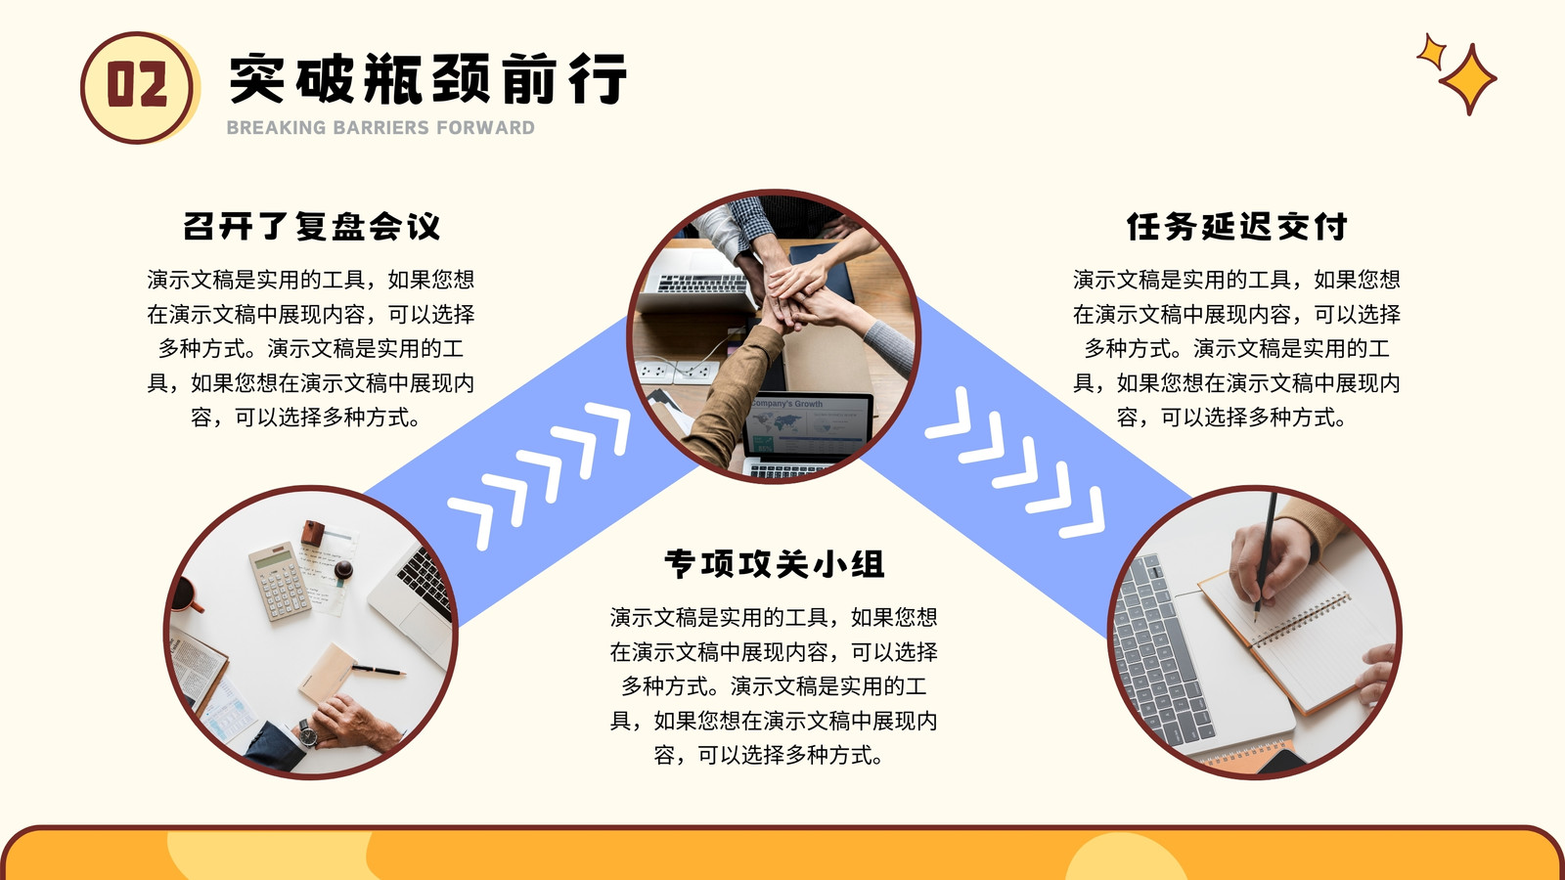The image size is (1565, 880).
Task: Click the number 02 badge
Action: pyautogui.click(x=137, y=88)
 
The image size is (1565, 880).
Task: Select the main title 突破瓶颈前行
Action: pyautogui.click(x=427, y=78)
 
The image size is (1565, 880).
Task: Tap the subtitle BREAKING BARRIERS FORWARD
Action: pyautogui.click(x=380, y=128)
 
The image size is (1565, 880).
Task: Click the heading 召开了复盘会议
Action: pyautogui.click(x=312, y=226)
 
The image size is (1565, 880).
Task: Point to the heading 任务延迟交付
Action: pyautogui.click(x=1236, y=226)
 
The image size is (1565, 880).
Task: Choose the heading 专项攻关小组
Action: pyautogui.click(x=774, y=563)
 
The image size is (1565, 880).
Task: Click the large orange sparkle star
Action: pyautogui.click(x=1468, y=79)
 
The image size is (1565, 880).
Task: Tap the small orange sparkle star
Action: pyautogui.click(x=1432, y=52)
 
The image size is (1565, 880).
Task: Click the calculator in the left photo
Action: pyautogui.click(x=280, y=582)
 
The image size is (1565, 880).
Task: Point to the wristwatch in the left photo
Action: pyautogui.click(x=306, y=733)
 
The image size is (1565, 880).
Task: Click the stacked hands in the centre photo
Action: pyautogui.click(x=796, y=293)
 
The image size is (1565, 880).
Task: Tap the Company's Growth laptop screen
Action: pyautogui.click(x=808, y=425)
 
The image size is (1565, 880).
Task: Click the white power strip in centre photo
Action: pyautogui.click(x=676, y=371)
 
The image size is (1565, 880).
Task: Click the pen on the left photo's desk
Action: pyautogui.click(x=378, y=671)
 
